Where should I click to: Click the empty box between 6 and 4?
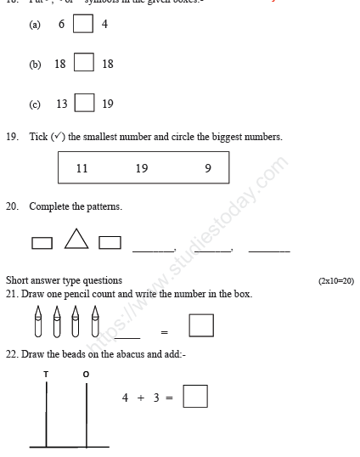point(83,24)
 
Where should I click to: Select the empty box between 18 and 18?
point(83,64)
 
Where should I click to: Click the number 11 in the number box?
point(82,168)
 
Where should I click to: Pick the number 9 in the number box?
point(208,168)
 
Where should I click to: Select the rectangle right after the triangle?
point(110,244)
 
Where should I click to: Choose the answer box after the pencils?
point(201,325)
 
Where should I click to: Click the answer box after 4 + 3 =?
point(195,397)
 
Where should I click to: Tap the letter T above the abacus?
point(46,374)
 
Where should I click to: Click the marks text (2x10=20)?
point(335,280)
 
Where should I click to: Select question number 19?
point(11,136)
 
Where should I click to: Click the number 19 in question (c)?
point(107,104)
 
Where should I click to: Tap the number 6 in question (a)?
point(61,25)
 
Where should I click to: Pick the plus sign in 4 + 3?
point(143,398)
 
